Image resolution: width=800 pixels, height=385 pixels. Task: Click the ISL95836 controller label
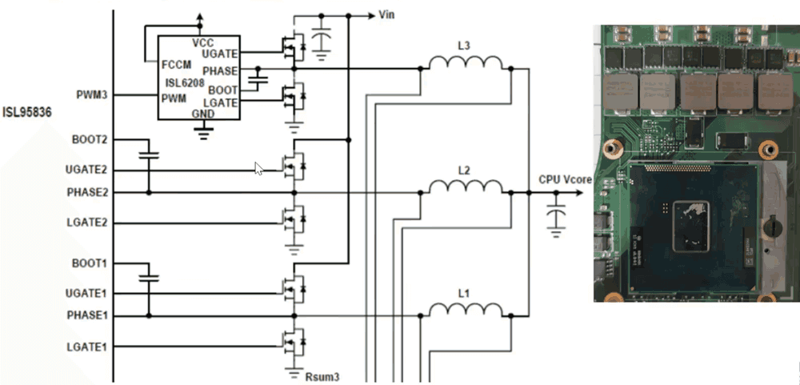27,112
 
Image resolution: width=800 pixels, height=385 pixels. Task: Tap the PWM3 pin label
92,95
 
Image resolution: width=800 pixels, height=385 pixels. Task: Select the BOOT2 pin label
90,139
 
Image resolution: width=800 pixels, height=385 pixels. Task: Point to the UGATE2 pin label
86,170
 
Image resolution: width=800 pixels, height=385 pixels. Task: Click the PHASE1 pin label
86,315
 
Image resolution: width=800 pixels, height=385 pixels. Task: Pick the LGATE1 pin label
86,347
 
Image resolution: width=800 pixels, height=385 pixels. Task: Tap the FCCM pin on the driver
177,65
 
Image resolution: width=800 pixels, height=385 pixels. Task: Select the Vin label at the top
386,14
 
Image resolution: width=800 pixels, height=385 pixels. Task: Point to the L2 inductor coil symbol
466,186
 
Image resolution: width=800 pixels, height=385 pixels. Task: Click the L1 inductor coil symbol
466,310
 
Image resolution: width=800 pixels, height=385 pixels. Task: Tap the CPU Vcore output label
558,179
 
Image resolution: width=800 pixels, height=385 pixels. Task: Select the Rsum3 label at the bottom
322,377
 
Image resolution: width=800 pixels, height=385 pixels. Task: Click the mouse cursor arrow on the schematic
258,169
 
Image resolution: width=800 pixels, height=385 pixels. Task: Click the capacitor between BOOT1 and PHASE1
149,279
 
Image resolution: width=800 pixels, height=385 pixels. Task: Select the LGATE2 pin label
86,223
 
